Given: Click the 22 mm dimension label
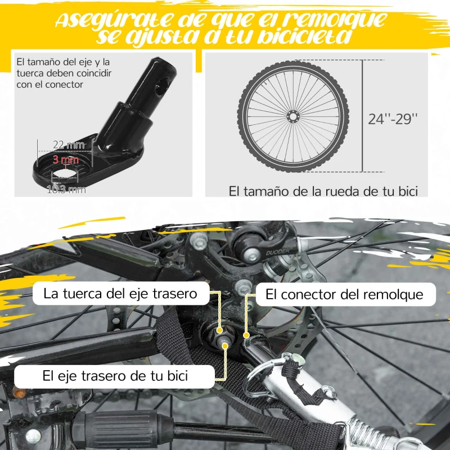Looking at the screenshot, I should (67, 146).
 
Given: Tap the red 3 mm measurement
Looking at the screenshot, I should (65, 160).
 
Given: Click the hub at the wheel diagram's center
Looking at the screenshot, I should (292, 117).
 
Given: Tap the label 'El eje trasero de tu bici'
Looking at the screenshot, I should (115, 375).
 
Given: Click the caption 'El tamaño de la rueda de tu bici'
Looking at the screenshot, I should (323, 191).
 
